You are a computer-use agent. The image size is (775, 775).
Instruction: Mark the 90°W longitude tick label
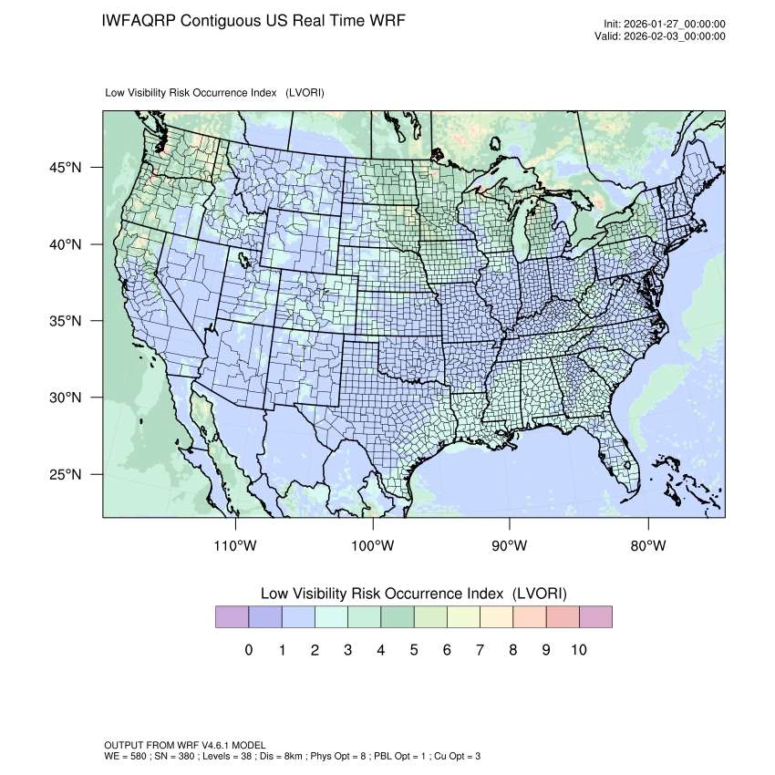click(510, 546)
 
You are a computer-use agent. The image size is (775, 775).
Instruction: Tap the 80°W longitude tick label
click(647, 546)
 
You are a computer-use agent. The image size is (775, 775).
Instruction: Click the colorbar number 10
click(578, 650)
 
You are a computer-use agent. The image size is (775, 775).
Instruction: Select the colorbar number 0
click(248, 650)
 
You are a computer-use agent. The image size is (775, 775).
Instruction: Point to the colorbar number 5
click(413, 650)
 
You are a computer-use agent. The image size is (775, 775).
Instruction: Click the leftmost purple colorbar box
click(232, 617)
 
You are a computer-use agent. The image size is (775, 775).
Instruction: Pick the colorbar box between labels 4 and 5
click(397, 617)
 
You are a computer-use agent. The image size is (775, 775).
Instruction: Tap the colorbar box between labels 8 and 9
click(529, 617)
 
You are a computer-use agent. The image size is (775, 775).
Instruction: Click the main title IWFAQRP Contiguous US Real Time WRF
click(253, 21)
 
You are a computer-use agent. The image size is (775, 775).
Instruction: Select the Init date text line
click(665, 25)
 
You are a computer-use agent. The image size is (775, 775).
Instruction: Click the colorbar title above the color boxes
click(414, 594)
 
